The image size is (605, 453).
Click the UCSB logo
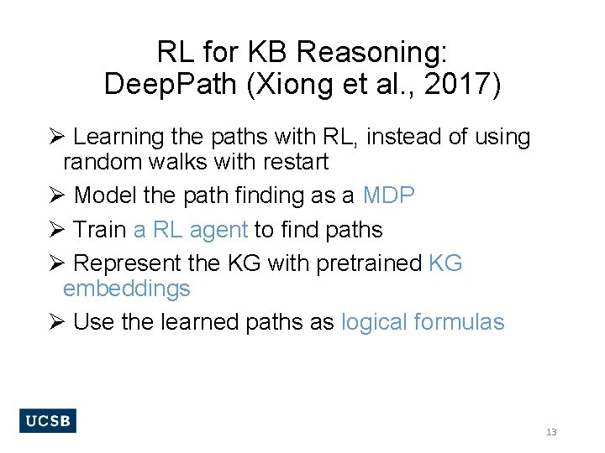point(47,421)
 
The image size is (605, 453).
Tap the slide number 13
point(551,432)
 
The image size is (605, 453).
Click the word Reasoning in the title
point(372,54)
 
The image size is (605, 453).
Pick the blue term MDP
point(389,195)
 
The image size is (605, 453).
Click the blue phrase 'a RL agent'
point(191,230)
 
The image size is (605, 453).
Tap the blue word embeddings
point(127,289)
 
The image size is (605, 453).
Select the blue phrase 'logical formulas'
point(423,322)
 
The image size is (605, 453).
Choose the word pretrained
point(369,263)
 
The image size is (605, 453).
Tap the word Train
point(100,230)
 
